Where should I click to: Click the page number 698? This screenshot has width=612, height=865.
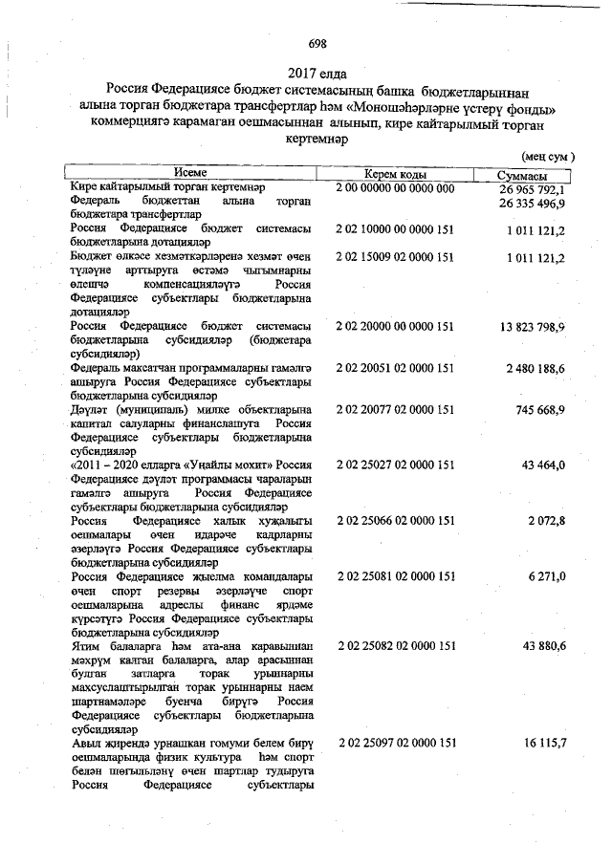(317, 43)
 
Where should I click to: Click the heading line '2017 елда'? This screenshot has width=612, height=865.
(317, 73)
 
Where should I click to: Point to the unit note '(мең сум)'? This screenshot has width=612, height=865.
(547, 155)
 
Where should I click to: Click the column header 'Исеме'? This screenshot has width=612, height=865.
(190, 173)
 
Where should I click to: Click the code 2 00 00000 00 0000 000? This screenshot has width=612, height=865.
(395, 188)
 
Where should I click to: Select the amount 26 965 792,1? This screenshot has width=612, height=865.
(533, 189)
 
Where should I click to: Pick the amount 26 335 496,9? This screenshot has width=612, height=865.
(533, 204)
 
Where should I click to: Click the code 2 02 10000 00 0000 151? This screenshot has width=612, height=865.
(395, 231)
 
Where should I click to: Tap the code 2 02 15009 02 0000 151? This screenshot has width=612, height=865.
(395, 258)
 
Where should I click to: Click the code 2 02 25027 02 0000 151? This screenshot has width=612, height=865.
(395, 465)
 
